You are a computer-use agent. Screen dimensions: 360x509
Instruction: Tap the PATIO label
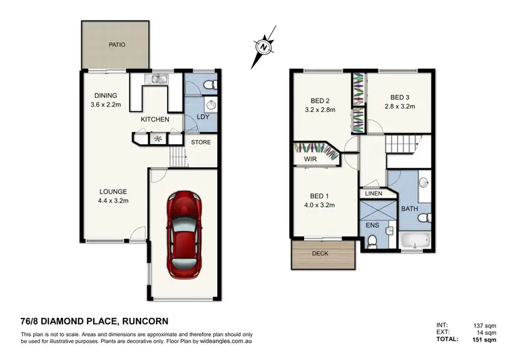(117, 45)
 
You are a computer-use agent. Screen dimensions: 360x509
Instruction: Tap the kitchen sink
(158, 80)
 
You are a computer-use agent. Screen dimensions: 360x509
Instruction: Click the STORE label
(200, 143)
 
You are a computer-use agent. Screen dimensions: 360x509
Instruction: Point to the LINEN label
(373, 194)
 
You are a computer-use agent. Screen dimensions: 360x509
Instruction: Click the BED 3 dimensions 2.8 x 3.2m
(399, 107)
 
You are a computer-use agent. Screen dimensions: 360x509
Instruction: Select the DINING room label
(106, 95)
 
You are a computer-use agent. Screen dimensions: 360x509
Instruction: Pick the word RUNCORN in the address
(143, 321)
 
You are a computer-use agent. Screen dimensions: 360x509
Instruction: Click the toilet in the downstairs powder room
(209, 84)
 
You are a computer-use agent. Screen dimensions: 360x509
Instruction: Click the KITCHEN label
(155, 120)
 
